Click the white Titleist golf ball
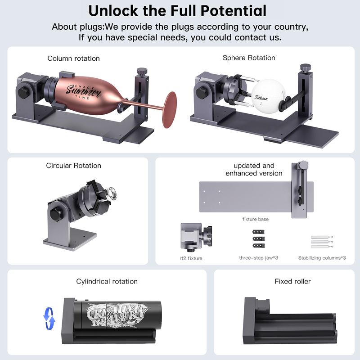[x=269, y=96]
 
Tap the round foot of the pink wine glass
[x=170, y=110]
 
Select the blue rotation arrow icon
[x=49, y=319]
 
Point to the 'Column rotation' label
[x=73, y=58]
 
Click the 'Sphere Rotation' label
[x=249, y=58]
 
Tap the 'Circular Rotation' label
[x=73, y=166]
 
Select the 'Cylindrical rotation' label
[x=107, y=282]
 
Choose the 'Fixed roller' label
[x=292, y=281]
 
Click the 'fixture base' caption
[x=256, y=219]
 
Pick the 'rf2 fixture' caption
[x=191, y=258]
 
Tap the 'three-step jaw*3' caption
[x=258, y=258]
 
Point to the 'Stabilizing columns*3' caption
[x=322, y=258]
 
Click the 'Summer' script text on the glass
[x=84, y=91]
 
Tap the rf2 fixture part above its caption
[x=196, y=237]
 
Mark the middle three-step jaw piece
[x=258, y=239]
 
